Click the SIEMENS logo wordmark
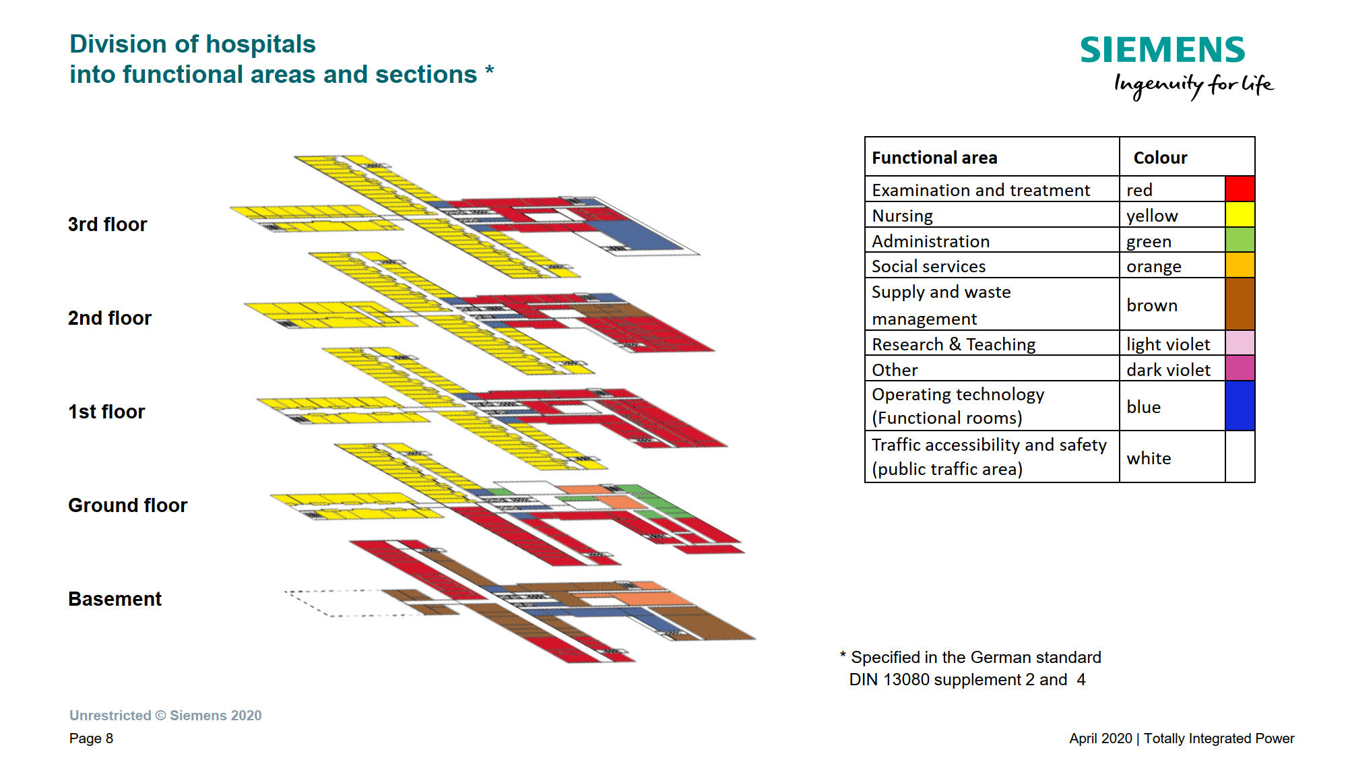click(x=1162, y=50)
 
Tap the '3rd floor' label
click(x=107, y=224)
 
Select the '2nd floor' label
click(x=109, y=318)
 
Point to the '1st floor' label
click(x=106, y=412)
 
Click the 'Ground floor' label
click(x=127, y=505)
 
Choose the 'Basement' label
click(x=115, y=599)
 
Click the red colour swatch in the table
click(x=1239, y=189)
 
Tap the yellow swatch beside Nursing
click(x=1239, y=214)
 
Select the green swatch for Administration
click(x=1239, y=240)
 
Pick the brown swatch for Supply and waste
click(x=1239, y=304)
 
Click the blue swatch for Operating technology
click(x=1239, y=406)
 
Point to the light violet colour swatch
click(x=1239, y=343)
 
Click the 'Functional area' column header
click(x=934, y=158)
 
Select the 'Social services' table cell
click(x=928, y=266)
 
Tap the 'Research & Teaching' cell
click(x=953, y=344)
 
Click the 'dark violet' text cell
click(x=1168, y=370)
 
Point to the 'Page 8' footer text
click(x=91, y=738)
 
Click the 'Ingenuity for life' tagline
click(x=1193, y=86)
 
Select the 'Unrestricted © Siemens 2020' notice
click(x=165, y=716)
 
